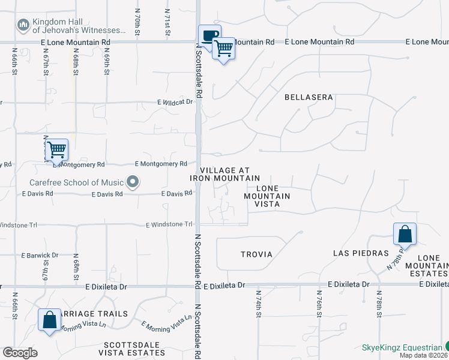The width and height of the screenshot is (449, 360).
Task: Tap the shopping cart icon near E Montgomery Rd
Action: point(56,151)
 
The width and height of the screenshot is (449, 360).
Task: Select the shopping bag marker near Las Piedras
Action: point(405,235)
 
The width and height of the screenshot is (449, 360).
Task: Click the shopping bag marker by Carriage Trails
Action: point(49,320)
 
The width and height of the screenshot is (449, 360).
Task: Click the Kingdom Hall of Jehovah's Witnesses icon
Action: point(23,25)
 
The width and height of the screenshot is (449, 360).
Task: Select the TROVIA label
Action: point(257,254)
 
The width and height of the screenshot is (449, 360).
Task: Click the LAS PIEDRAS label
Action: point(361,253)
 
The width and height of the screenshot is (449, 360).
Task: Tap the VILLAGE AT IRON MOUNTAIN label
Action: point(225,174)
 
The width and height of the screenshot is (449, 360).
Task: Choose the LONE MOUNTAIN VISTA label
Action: point(268,196)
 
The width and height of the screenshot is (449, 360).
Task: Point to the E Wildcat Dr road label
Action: point(175,102)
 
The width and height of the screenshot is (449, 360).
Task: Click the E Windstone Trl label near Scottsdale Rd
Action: point(169,224)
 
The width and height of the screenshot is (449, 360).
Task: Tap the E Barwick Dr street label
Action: point(40,255)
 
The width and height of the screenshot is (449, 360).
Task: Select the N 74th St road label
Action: point(258,301)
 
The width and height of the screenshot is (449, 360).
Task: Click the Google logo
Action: point(20,353)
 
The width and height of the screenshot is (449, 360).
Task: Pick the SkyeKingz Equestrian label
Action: point(401,347)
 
